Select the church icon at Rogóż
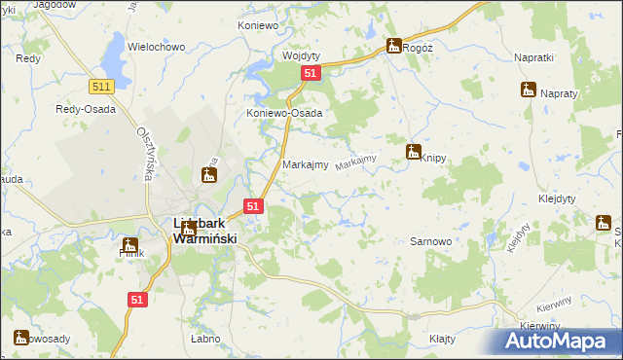pyautogui.click(x=393, y=45)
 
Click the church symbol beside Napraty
pyautogui.click(x=528, y=90)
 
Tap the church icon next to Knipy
pyautogui.click(x=413, y=151)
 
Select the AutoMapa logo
pyautogui.click(x=556, y=342)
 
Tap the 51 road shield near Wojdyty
pyautogui.click(x=310, y=74)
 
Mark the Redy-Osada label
pyautogui.click(x=87, y=109)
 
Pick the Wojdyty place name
pyautogui.click(x=300, y=55)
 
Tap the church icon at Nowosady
pyautogui.click(x=19, y=338)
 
